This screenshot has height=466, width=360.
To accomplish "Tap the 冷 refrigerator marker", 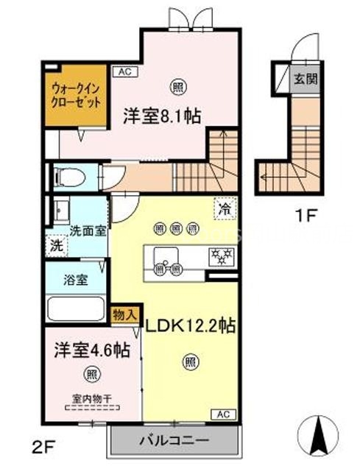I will pyautogui.click(x=224, y=209).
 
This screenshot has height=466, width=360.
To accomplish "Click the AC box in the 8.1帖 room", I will pyautogui.click(x=122, y=72).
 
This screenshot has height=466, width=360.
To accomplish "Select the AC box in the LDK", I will pyautogui.click(x=224, y=414).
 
